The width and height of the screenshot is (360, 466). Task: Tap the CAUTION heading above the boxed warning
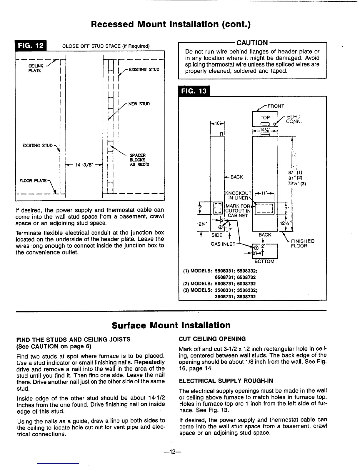pos(253,43)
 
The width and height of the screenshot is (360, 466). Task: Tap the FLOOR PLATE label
pos(34,179)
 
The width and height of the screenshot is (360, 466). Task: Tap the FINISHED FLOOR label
pos(302,243)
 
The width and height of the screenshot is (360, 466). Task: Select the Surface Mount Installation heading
pos(171,325)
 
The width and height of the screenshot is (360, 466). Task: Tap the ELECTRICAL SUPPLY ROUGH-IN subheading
pos(226,381)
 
